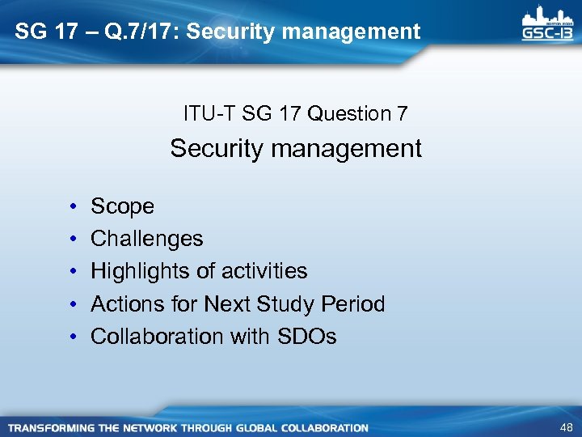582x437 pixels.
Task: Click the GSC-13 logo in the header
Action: tap(547, 24)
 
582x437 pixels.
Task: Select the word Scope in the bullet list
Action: tap(122, 206)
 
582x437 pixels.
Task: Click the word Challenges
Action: tap(146, 239)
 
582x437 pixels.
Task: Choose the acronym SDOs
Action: tap(307, 337)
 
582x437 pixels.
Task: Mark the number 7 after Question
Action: tap(402, 114)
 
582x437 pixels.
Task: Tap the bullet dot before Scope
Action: tap(73, 207)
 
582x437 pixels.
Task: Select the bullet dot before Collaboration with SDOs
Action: tap(73, 337)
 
